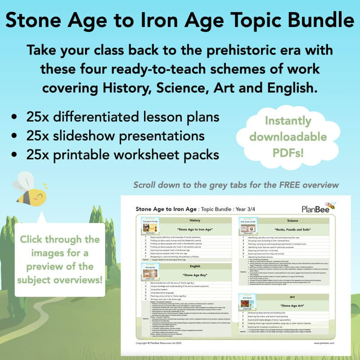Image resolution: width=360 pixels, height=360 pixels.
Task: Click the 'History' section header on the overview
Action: tap(195, 220)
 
